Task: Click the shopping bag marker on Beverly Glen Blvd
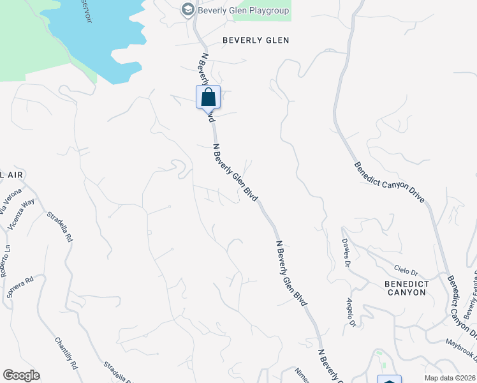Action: pyautogui.click(x=208, y=98)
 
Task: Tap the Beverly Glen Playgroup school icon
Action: pyautogui.click(x=187, y=10)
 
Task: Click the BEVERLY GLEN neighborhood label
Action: pyautogui.click(x=256, y=40)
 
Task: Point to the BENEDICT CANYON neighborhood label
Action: pyautogui.click(x=406, y=287)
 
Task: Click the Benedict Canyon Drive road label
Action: pyautogui.click(x=389, y=182)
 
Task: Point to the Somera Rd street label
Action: pyautogui.click(x=20, y=287)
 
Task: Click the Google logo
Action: pyautogui.click(x=21, y=375)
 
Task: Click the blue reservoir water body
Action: pyautogui.click(x=96, y=38)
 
